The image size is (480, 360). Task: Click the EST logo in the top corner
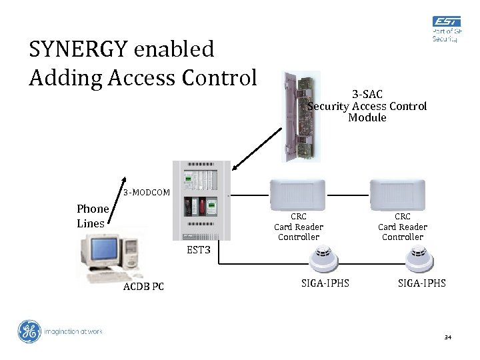tap(445, 29)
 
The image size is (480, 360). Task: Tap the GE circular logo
tap(29, 331)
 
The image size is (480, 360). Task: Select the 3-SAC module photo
tap(301, 116)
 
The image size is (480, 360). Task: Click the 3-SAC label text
tap(367, 95)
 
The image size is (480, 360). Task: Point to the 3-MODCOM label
tap(147, 193)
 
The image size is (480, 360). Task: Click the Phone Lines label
tap(91, 216)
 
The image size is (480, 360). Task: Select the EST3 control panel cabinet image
tap(201, 200)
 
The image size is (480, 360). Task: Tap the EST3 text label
tap(199, 251)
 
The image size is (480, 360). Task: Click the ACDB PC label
tap(143, 287)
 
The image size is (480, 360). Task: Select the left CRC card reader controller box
tap(298, 194)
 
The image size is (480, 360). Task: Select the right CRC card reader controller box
tap(403, 194)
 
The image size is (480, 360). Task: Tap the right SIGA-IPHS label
tap(422, 283)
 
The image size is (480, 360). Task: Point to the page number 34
tap(448, 338)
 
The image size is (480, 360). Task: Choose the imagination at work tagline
tap(73, 331)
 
